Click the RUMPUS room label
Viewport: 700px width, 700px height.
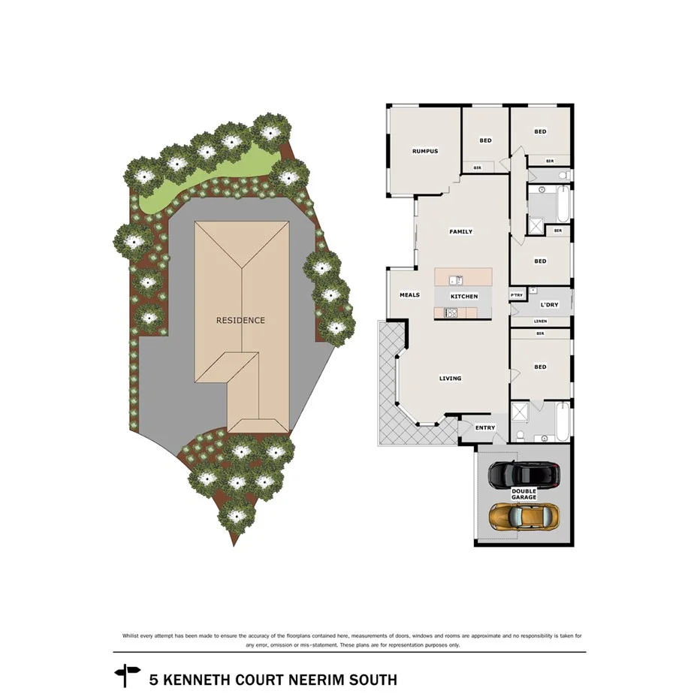click(x=424, y=152)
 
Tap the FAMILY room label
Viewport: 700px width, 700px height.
click(x=460, y=232)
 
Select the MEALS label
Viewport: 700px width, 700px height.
click(x=409, y=295)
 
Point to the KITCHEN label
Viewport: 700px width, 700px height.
click(x=464, y=297)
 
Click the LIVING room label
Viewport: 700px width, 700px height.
click(x=450, y=379)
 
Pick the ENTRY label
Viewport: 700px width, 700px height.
click(x=485, y=428)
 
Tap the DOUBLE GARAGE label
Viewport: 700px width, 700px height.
click(x=524, y=494)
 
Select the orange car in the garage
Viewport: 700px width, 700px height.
click(x=523, y=516)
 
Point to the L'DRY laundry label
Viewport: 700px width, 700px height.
click(x=549, y=305)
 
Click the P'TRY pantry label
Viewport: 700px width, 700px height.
click(x=516, y=295)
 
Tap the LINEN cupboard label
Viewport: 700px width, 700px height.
click(x=540, y=321)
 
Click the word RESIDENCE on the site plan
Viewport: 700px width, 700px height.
click(x=240, y=320)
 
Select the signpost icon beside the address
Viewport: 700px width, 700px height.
click(x=127, y=675)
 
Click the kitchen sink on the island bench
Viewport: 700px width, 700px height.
click(x=455, y=280)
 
